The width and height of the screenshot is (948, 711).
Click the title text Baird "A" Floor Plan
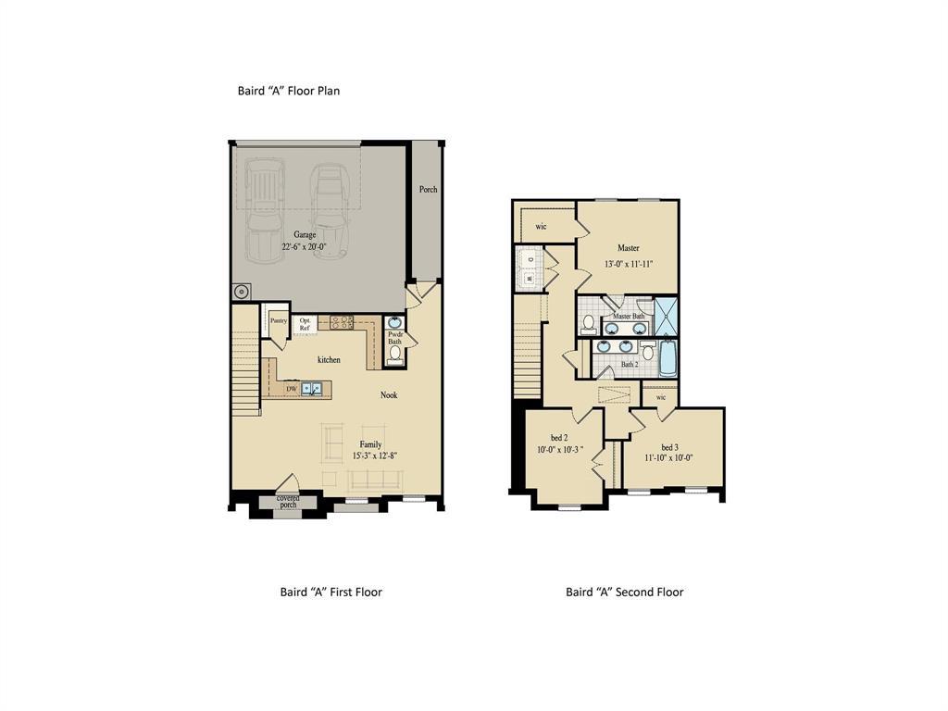[x=290, y=91]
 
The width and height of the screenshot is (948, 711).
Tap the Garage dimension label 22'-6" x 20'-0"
[x=306, y=247]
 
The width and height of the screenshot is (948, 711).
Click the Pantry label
[x=278, y=320]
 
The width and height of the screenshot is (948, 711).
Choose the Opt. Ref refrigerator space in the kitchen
[x=305, y=324]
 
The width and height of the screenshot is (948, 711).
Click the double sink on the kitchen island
[x=311, y=389]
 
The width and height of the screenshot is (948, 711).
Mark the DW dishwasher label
[x=291, y=390]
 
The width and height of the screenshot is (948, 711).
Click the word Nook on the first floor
[x=389, y=395]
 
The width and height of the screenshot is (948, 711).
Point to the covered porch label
[x=288, y=501]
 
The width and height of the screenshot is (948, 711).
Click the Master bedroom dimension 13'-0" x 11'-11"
[x=629, y=263]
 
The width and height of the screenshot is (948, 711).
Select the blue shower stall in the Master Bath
[x=667, y=316]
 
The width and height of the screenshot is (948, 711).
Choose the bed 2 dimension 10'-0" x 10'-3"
[x=560, y=450]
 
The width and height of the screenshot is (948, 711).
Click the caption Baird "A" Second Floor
[x=624, y=592]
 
